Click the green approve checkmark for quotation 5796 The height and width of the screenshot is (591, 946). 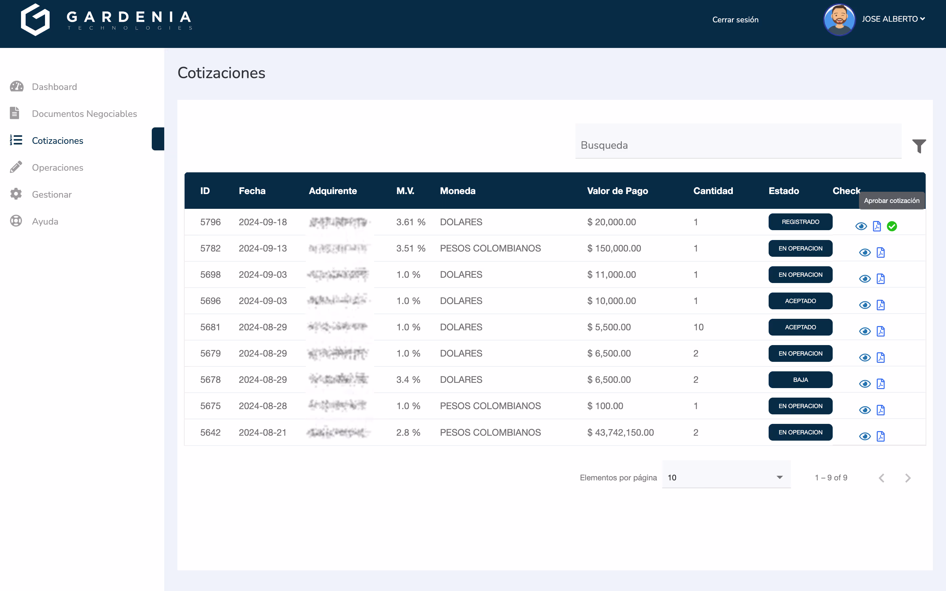(892, 226)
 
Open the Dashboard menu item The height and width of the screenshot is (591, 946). (54, 87)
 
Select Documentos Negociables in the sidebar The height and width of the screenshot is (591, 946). (84, 114)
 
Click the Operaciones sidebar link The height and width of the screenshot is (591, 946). (57, 168)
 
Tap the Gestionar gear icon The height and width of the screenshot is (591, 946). (16, 194)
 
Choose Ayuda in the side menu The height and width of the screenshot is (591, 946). (45, 221)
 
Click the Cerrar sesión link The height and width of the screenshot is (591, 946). (735, 20)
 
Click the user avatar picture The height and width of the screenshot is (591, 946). (839, 20)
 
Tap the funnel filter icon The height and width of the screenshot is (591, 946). (919, 146)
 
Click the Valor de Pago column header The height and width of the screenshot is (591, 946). (617, 191)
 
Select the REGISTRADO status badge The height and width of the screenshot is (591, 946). (800, 222)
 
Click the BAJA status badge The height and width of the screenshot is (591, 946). (800, 380)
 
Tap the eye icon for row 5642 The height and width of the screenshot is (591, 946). (865, 436)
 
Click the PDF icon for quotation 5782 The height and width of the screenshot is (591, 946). (880, 252)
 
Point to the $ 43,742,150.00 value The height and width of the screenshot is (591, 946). (620, 432)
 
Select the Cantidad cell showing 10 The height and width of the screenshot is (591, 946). (698, 327)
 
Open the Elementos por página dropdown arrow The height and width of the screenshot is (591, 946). (779, 477)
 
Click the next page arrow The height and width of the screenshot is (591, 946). (908, 478)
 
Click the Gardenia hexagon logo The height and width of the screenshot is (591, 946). (35, 20)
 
